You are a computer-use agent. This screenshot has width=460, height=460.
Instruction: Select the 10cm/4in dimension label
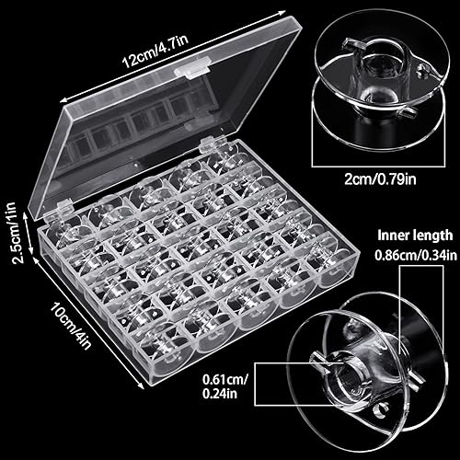click(x=68, y=317)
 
